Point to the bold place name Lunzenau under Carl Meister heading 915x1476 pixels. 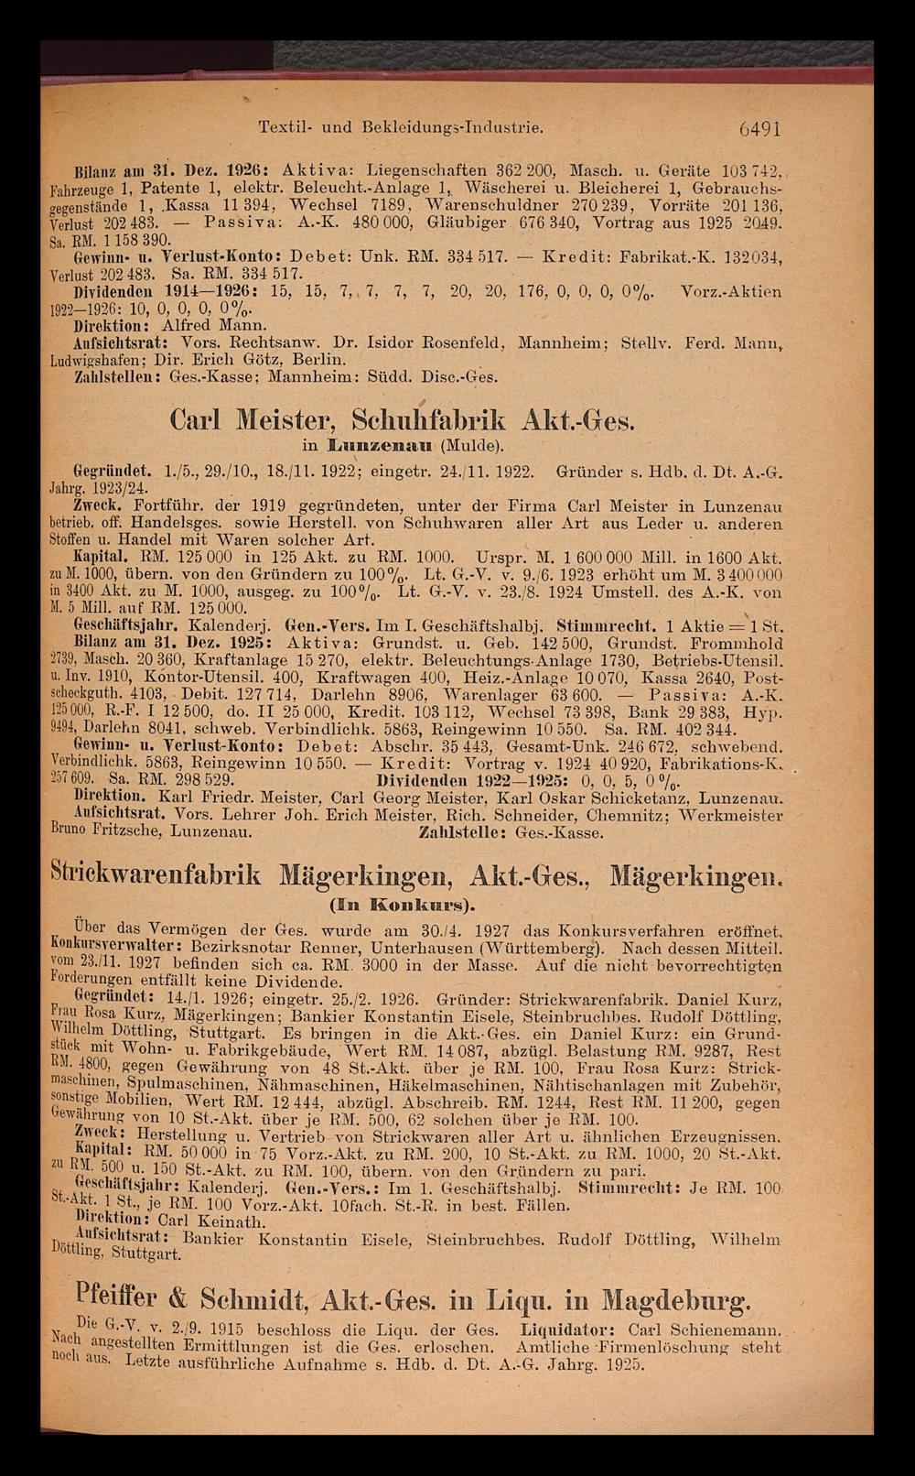[x=374, y=446]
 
